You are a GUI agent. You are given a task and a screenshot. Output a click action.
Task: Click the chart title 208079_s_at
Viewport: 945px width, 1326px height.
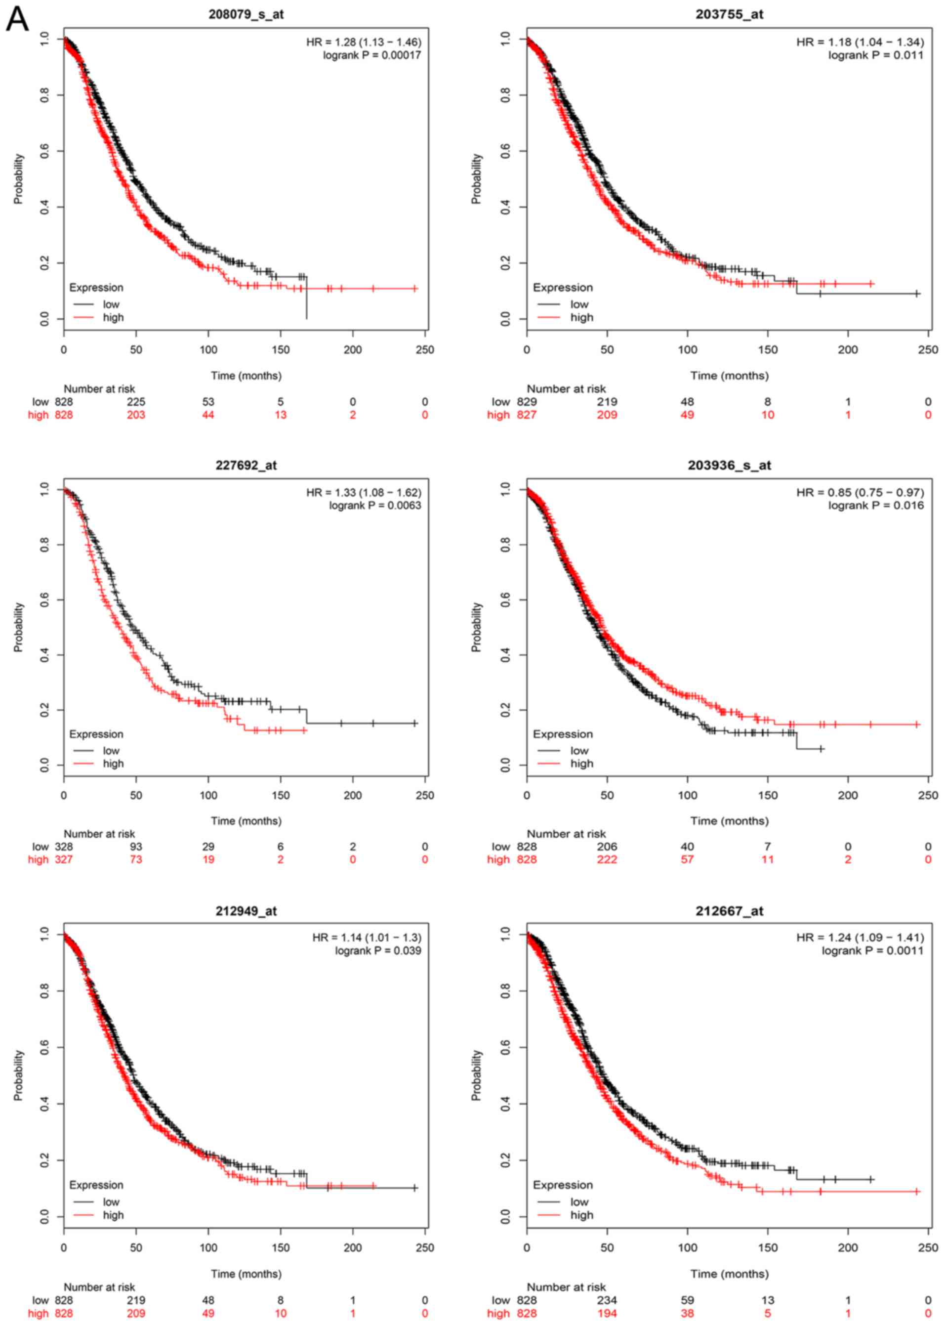(246, 14)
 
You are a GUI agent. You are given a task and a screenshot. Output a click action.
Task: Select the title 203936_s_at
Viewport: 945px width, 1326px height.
(729, 465)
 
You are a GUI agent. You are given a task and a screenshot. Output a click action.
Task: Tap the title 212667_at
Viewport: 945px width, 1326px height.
(729, 911)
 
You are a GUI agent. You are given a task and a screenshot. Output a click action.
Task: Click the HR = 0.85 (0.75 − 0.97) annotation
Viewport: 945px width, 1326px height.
(860, 492)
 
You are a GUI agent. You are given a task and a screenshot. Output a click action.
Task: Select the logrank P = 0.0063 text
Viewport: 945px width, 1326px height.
(375, 505)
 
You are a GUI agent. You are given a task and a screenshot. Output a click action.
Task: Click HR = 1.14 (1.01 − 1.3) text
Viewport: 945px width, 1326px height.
(367, 938)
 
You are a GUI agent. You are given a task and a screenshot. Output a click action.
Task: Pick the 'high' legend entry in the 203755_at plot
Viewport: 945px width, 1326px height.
(581, 317)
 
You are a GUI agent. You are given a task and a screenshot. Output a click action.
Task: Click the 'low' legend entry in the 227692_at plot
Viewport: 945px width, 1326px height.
(111, 751)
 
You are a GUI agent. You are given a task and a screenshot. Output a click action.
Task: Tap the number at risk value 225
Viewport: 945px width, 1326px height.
(136, 402)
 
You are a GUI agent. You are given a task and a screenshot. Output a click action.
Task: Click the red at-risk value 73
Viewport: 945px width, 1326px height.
(136, 859)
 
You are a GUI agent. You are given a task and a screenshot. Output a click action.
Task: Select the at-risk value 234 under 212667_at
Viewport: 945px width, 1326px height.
(607, 1300)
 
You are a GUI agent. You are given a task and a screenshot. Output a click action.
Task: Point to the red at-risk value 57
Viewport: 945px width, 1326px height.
(687, 859)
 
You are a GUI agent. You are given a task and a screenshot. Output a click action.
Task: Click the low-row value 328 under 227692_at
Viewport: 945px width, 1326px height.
(64, 847)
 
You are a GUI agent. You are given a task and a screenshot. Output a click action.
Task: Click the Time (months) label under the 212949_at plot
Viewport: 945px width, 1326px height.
(246, 1274)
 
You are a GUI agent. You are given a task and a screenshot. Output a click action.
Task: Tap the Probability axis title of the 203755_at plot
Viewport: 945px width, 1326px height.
(477, 179)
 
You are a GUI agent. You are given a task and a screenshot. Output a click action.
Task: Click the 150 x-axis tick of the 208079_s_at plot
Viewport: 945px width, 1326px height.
(281, 350)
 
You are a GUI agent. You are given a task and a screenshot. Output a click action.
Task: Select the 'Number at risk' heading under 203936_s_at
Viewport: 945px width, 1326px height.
(566, 834)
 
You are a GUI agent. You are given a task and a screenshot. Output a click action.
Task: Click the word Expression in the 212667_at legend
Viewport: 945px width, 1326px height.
(562, 1185)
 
